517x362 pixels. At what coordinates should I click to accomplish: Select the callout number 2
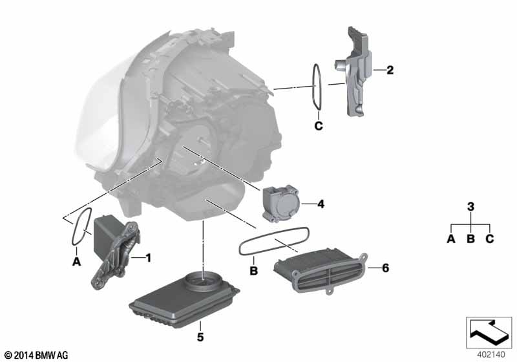[x=390, y=69]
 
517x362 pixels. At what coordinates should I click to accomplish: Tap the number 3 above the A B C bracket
[x=470, y=207]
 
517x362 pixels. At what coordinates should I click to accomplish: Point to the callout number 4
[x=321, y=204]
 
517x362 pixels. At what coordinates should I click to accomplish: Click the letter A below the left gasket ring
[x=76, y=262]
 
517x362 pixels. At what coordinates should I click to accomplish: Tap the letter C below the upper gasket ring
[x=318, y=126]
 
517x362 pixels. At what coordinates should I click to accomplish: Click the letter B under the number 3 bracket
[x=470, y=239]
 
